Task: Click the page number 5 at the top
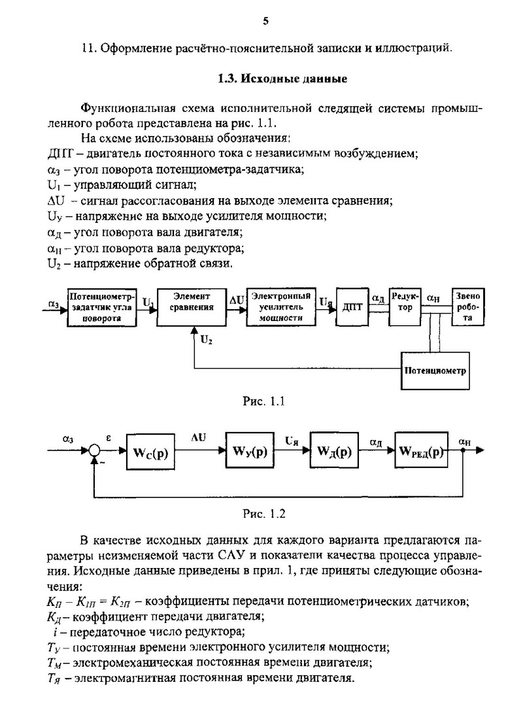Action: click(265, 21)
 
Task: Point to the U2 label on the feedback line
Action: click(206, 340)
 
